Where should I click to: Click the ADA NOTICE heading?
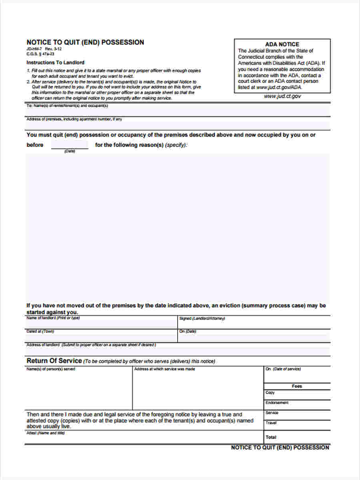tap(282, 44)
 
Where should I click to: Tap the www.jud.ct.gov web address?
tap(282, 96)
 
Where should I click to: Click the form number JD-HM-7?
tap(34, 49)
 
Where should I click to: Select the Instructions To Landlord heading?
tap(55, 63)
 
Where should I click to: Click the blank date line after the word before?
tap(70, 145)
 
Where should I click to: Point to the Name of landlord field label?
tap(53, 318)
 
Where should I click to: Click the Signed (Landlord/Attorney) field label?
tap(202, 319)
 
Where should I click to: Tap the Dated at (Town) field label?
tap(40, 332)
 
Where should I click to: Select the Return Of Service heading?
tap(54, 361)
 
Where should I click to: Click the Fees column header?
tap(297, 386)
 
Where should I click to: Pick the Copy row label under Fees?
tap(270, 393)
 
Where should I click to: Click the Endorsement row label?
tap(277, 403)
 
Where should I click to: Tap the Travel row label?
tap(271, 423)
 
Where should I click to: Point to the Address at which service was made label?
tap(164, 369)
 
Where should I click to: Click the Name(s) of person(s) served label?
tap(50, 369)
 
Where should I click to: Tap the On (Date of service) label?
tap(283, 369)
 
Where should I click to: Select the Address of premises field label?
tap(74, 119)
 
